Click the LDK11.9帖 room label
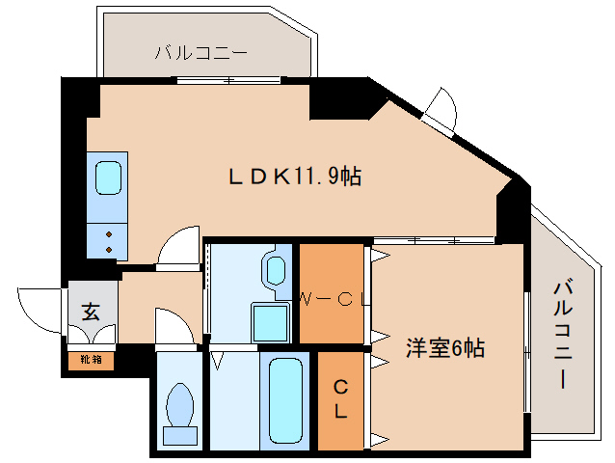click(295, 176)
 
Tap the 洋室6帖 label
click(445, 347)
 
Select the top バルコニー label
click(201, 53)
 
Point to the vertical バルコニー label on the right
click(563, 335)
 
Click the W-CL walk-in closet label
click(334, 300)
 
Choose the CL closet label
click(340, 399)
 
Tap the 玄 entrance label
click(91, 312)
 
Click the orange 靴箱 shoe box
click(91, 361)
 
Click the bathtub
click(285, 400)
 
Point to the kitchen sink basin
click(108, 177)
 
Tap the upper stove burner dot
click(109, 234)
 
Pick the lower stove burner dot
click(109, 249)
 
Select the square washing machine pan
click(270, 322)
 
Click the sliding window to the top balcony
click(228, 80)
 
